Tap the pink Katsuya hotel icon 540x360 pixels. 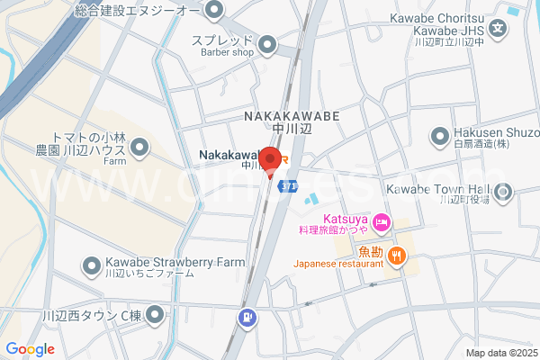382,220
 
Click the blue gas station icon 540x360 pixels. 247,318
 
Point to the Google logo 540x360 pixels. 31,349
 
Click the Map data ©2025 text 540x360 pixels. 501,352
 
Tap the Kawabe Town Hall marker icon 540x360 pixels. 502,190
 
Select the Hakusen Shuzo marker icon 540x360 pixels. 440,137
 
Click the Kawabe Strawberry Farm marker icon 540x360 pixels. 92,265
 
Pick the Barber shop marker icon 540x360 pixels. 267,44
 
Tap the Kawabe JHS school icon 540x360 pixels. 500,29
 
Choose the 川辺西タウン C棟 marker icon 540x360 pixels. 156,315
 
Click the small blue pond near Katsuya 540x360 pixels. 311,200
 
